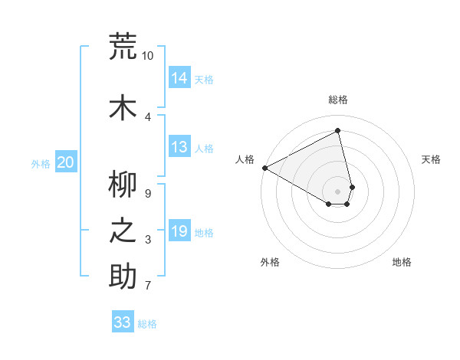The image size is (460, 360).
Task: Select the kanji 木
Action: click(x=123, y=108)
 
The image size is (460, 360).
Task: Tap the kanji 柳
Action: click(x=123, y=184)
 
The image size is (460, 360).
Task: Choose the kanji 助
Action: click(x=123, y=277)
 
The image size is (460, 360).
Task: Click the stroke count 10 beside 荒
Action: click(x=148, y=56)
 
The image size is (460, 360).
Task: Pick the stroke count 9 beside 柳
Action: click(x=148, y=194)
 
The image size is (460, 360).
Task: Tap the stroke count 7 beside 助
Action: click(x=148, y=286)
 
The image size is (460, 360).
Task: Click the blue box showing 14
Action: click(x=179, y=77)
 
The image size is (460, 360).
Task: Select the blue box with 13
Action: click(x=179, y=147)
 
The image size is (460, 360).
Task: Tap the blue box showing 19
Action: click(x=179, y=231)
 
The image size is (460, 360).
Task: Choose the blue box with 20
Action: click(x=66, y=162)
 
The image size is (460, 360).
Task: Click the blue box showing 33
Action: click(x=123, y=322)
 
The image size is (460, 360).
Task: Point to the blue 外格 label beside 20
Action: click(x=41, y=163)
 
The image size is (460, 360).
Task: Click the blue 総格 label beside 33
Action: click(x=147, y=324)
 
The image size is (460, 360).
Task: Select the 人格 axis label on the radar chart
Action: click(x=245, y=159)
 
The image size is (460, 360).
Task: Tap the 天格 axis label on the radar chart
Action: click(x=432, y=159)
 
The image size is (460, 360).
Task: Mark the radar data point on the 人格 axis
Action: click(x=264, y=167)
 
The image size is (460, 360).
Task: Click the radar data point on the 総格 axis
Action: click(x=338, y=130)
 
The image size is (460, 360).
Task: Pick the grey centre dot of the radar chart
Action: click(x=338, y=191)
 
